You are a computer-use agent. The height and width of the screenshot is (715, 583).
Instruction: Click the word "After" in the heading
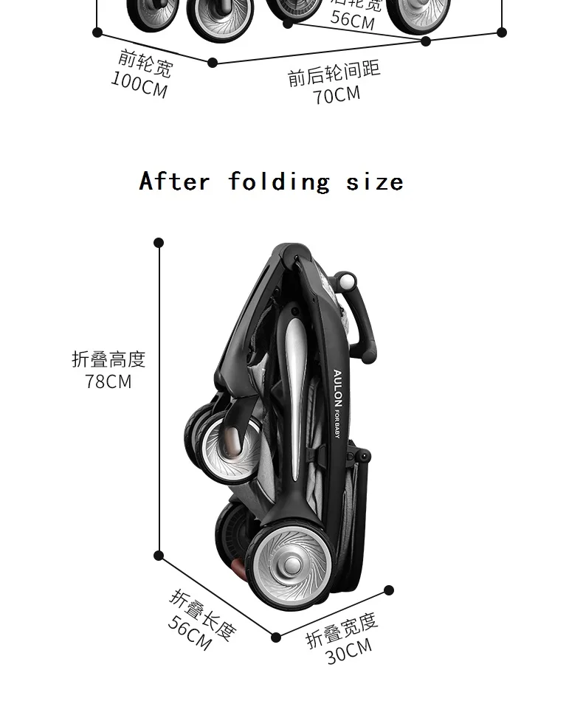(174, 182)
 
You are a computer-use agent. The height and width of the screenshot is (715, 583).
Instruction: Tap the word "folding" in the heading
(278, 182)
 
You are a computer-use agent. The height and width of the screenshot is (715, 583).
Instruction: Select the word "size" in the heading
(375, 182)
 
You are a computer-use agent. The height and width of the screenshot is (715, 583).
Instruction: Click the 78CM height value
(108, 381)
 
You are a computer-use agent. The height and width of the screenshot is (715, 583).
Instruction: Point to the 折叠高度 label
(108, 359)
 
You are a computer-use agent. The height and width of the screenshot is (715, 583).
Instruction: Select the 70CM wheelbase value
(337, 95)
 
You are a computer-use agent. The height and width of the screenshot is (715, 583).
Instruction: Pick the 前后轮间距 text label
(334, 72)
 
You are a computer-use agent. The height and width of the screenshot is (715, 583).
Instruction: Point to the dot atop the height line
(159, 243)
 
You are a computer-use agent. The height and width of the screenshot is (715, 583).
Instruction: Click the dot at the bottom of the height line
(159, 556)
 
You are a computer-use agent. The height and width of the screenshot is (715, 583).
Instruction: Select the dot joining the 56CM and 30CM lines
(276, 637)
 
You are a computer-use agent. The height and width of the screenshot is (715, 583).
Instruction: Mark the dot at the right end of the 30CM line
(389, 590)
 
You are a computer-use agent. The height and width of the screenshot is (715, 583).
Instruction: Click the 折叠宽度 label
(342, 629)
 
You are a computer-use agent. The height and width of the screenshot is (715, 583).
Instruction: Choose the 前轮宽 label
(145, 64)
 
